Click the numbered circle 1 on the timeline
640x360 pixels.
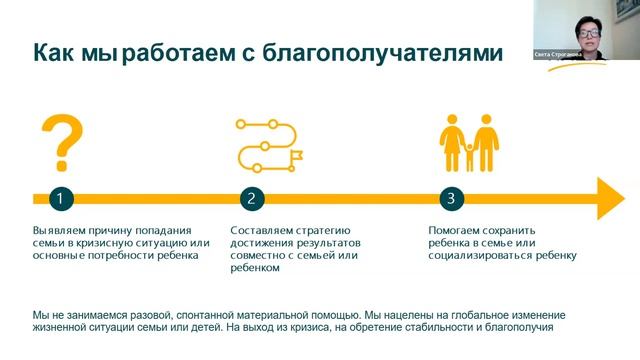click(x=60, y=198)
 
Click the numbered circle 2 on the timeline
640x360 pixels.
click(x=253, y=198)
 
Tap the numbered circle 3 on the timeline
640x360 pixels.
click(x=451, y=198)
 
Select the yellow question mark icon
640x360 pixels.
click(x=61, y=142)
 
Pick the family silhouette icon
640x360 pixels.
click(x=469, y=146)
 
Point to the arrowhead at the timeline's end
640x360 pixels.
click(x=610, y=198)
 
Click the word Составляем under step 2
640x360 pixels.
click(x=262, y=229)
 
